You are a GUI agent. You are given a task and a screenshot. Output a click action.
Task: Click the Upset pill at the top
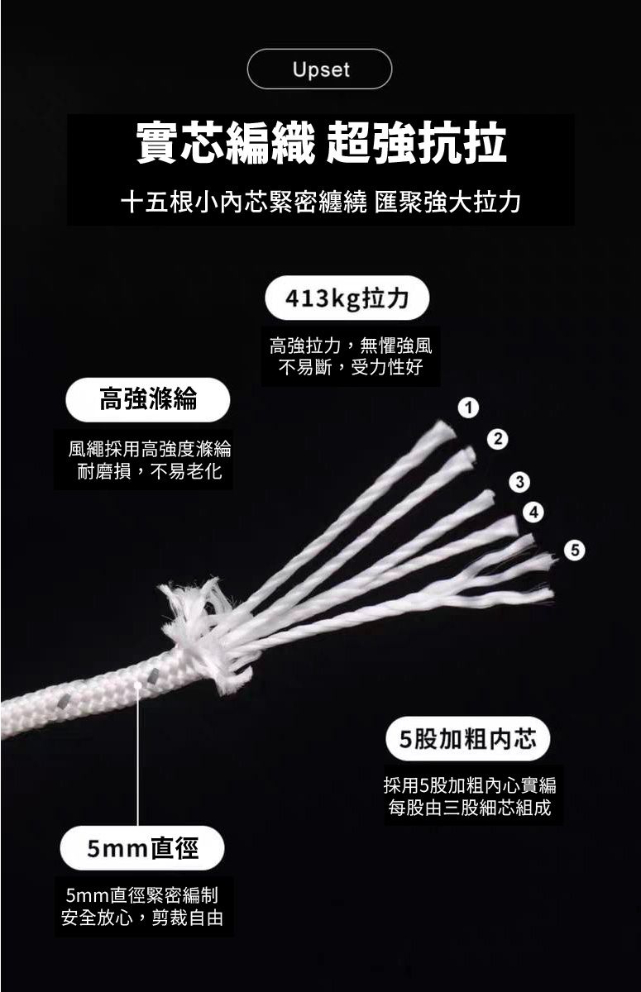[319, 69]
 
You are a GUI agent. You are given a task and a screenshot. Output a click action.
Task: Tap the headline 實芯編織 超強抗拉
[321, 142]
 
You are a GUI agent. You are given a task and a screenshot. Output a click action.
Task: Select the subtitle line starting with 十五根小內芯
[321, 203]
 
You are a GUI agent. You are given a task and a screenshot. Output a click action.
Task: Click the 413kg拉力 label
[347, 298]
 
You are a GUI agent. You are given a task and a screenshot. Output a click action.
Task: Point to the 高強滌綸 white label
[148, 399]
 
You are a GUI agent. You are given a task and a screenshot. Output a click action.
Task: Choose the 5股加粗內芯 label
[468, 739]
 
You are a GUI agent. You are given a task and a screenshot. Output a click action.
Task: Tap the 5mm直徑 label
[142, 848]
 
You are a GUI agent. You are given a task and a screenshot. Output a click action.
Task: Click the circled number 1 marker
[469, 408]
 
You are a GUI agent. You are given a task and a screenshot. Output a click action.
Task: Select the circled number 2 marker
[498, 439]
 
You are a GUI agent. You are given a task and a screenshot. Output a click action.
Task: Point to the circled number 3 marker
[520, 482]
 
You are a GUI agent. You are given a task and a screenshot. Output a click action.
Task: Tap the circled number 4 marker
[533, 513]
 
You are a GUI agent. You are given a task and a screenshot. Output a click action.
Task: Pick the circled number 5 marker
[575, 550]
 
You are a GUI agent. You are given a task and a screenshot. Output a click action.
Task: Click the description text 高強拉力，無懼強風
[351, 346]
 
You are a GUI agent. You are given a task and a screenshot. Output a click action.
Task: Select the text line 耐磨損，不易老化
[149, 471]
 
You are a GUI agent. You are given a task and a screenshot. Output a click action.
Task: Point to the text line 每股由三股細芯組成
[470, 808]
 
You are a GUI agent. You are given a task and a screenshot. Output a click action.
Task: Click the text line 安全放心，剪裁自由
[141, 918]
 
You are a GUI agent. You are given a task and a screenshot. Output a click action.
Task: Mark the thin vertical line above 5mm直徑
[138, 756]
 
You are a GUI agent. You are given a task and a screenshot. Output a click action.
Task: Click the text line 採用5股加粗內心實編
[470, 785]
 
